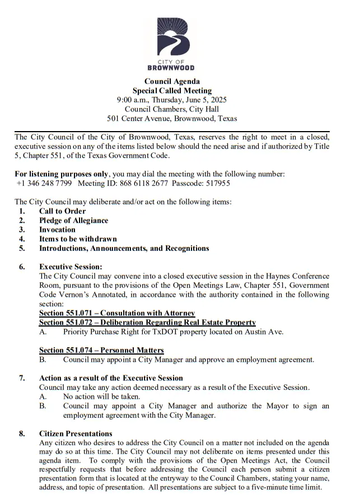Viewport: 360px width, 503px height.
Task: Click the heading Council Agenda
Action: [172, 82]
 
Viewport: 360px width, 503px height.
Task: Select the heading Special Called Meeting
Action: [172, 91]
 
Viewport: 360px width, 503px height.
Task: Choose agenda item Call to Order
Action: [62, 211]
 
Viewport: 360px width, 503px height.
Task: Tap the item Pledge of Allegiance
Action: [73, 221]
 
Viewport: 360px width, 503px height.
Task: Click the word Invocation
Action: [57, 230]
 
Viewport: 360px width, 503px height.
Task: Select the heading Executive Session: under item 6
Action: [71, 267]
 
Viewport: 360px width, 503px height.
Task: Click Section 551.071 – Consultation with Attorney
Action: [116, 313]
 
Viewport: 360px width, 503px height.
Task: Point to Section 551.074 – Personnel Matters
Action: [101, 350]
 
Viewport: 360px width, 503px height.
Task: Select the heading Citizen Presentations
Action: [76, 434]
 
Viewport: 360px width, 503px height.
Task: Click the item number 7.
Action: [22, 378]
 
